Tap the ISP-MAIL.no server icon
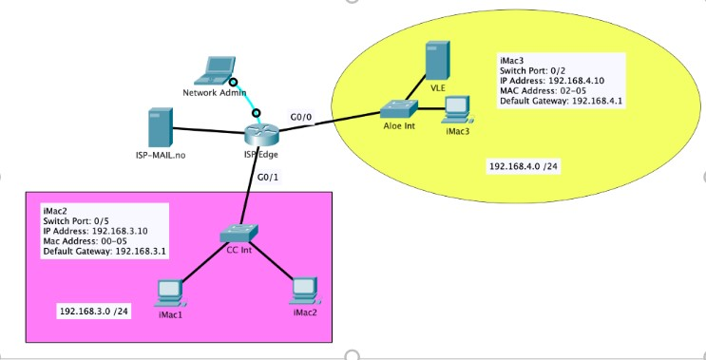(x=160, y=129)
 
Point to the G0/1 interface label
(x=269, y=178)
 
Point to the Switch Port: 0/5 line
(x=77, y=219)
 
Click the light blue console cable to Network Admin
(x=244, y=99)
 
